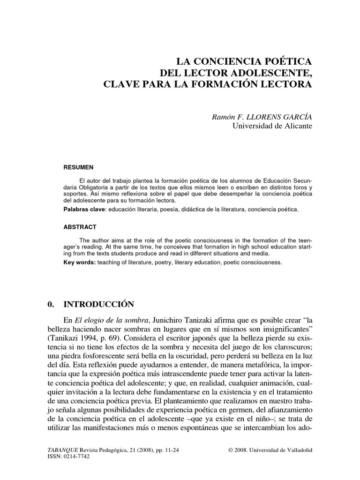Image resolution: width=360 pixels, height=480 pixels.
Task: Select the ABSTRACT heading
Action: point(80,227)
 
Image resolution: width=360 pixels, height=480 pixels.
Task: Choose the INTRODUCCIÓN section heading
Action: point(101,304)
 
